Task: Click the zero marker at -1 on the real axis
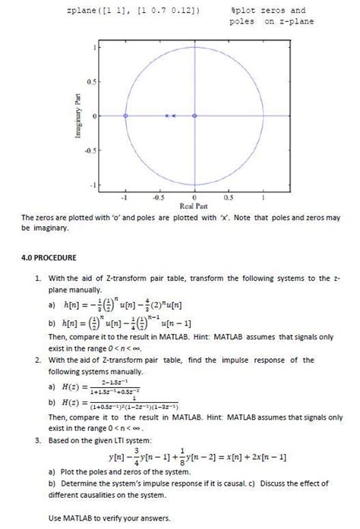(x=125, y=115)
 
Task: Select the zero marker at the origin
(x=194, y=115)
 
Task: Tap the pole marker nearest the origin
(x=174, y=115)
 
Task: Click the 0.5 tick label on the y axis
(x=89, y=81)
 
